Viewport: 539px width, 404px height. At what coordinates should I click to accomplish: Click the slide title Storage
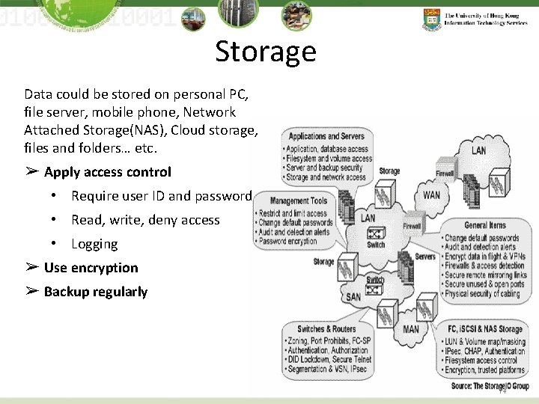pyautogui.click(x=266, y=52)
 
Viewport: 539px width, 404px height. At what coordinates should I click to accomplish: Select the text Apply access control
pyautogui.click(x=107, y=172)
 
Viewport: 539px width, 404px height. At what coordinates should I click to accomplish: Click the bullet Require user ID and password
pyautogui.click(x=161, y=196)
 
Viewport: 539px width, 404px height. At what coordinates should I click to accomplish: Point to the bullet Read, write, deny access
pyautogui.click(x=145, y=220)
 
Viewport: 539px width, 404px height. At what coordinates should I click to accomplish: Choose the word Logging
pyautogui.click(x=94, y=244)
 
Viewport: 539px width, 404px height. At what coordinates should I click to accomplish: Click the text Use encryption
pyautogui.click(x=91, y=268)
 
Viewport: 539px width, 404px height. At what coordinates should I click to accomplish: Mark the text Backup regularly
pyautogui.click(x=95, y=292)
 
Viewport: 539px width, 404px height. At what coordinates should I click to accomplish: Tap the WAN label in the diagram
pyautogui.click(x=433, y=195)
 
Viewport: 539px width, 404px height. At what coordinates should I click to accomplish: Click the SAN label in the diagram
pyautogui.click(x=353, y=297)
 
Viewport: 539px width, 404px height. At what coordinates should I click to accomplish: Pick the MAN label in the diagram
pyautogui.click(x=411, y=328)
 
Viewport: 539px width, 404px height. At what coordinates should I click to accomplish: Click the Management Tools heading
pyautogui.click(x=299, y=201)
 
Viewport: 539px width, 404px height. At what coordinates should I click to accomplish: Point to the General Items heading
pyautogui.click(x=484, y=225)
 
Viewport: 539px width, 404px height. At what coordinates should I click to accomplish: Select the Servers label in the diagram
pyautogui.click(x=425, y=257)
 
